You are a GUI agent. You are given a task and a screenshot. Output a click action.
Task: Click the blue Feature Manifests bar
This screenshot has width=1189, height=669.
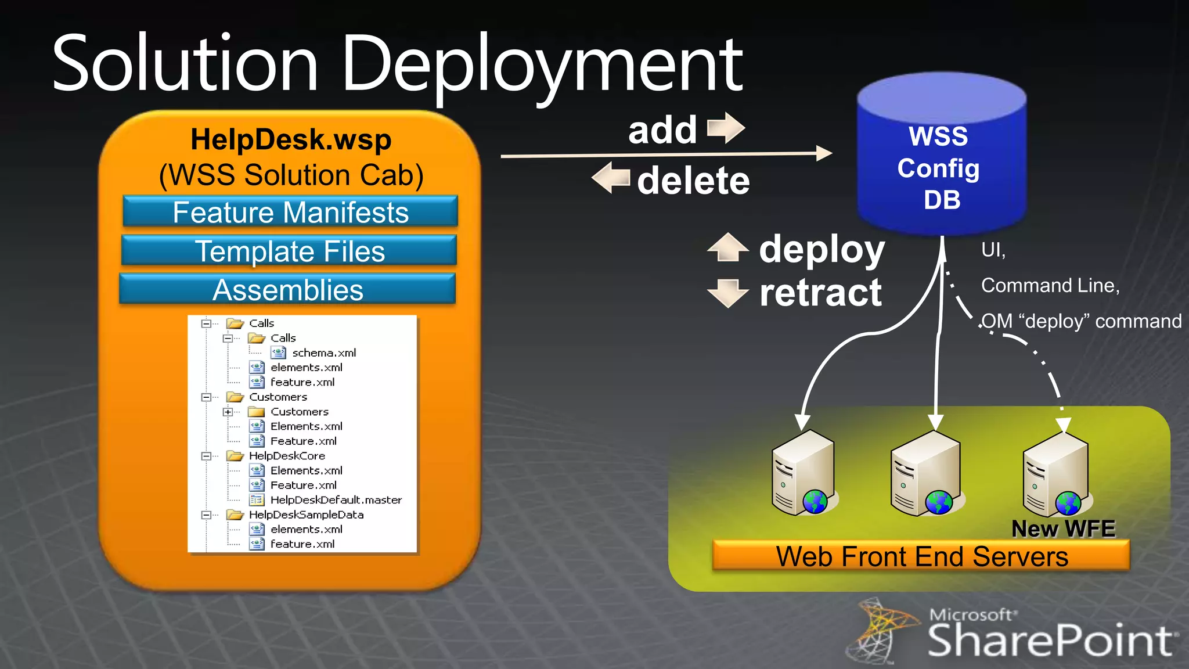[290, 212]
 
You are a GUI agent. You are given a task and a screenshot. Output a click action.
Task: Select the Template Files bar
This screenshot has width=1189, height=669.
[289, 251]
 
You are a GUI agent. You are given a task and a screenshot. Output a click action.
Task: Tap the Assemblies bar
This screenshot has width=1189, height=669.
[287, 290]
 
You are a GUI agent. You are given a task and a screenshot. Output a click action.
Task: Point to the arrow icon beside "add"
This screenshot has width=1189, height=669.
[726, 128]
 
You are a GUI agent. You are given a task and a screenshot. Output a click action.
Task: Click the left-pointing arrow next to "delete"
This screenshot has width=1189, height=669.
[611, 178]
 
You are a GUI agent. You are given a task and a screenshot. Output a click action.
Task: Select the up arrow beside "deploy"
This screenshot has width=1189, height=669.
[727, 247]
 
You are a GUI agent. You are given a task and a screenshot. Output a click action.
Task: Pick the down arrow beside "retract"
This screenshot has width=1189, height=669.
[727, 292]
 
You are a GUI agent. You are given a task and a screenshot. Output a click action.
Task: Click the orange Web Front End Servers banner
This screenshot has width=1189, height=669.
[921, 556]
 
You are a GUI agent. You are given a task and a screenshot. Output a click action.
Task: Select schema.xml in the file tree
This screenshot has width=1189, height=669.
[323, 353]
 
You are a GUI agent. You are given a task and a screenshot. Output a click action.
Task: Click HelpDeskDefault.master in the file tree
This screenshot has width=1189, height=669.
[336, 499]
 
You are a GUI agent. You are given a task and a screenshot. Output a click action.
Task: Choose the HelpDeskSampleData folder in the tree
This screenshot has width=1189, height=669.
[306, 515]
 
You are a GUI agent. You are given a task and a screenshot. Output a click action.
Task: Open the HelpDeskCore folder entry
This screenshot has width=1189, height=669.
[287, 456]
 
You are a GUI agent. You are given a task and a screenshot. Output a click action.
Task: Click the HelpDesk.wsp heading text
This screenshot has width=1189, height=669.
[291, 139]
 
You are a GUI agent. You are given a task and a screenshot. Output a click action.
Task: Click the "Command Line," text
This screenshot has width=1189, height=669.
[1050, 285]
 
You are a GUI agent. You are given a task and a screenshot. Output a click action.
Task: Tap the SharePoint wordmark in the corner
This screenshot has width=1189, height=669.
[1050, 640]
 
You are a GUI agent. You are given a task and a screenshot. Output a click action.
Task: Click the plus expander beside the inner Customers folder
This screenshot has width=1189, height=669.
[228, 412]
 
